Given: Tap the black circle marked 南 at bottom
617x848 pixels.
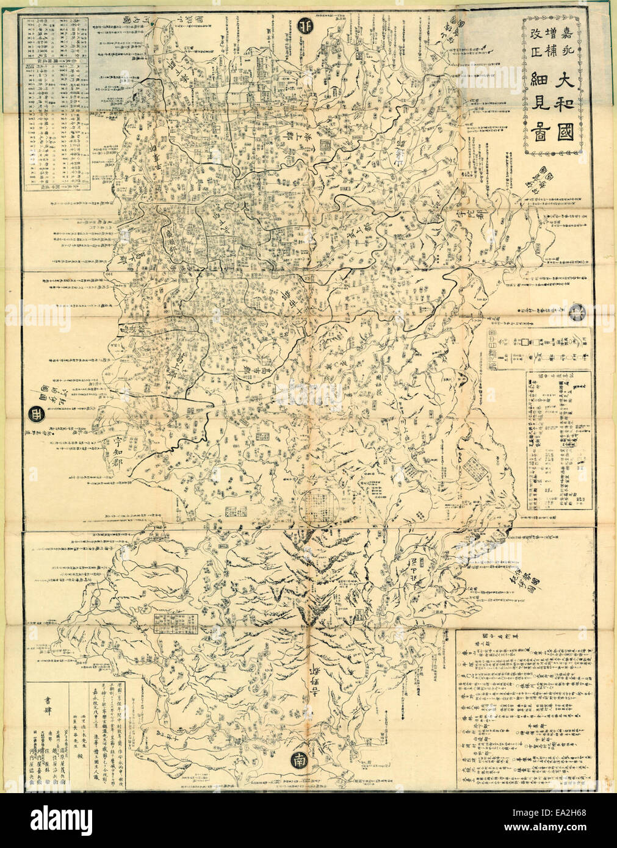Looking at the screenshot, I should (x=298, y=761).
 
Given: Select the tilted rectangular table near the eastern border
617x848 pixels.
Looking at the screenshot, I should (x=472, y=470).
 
